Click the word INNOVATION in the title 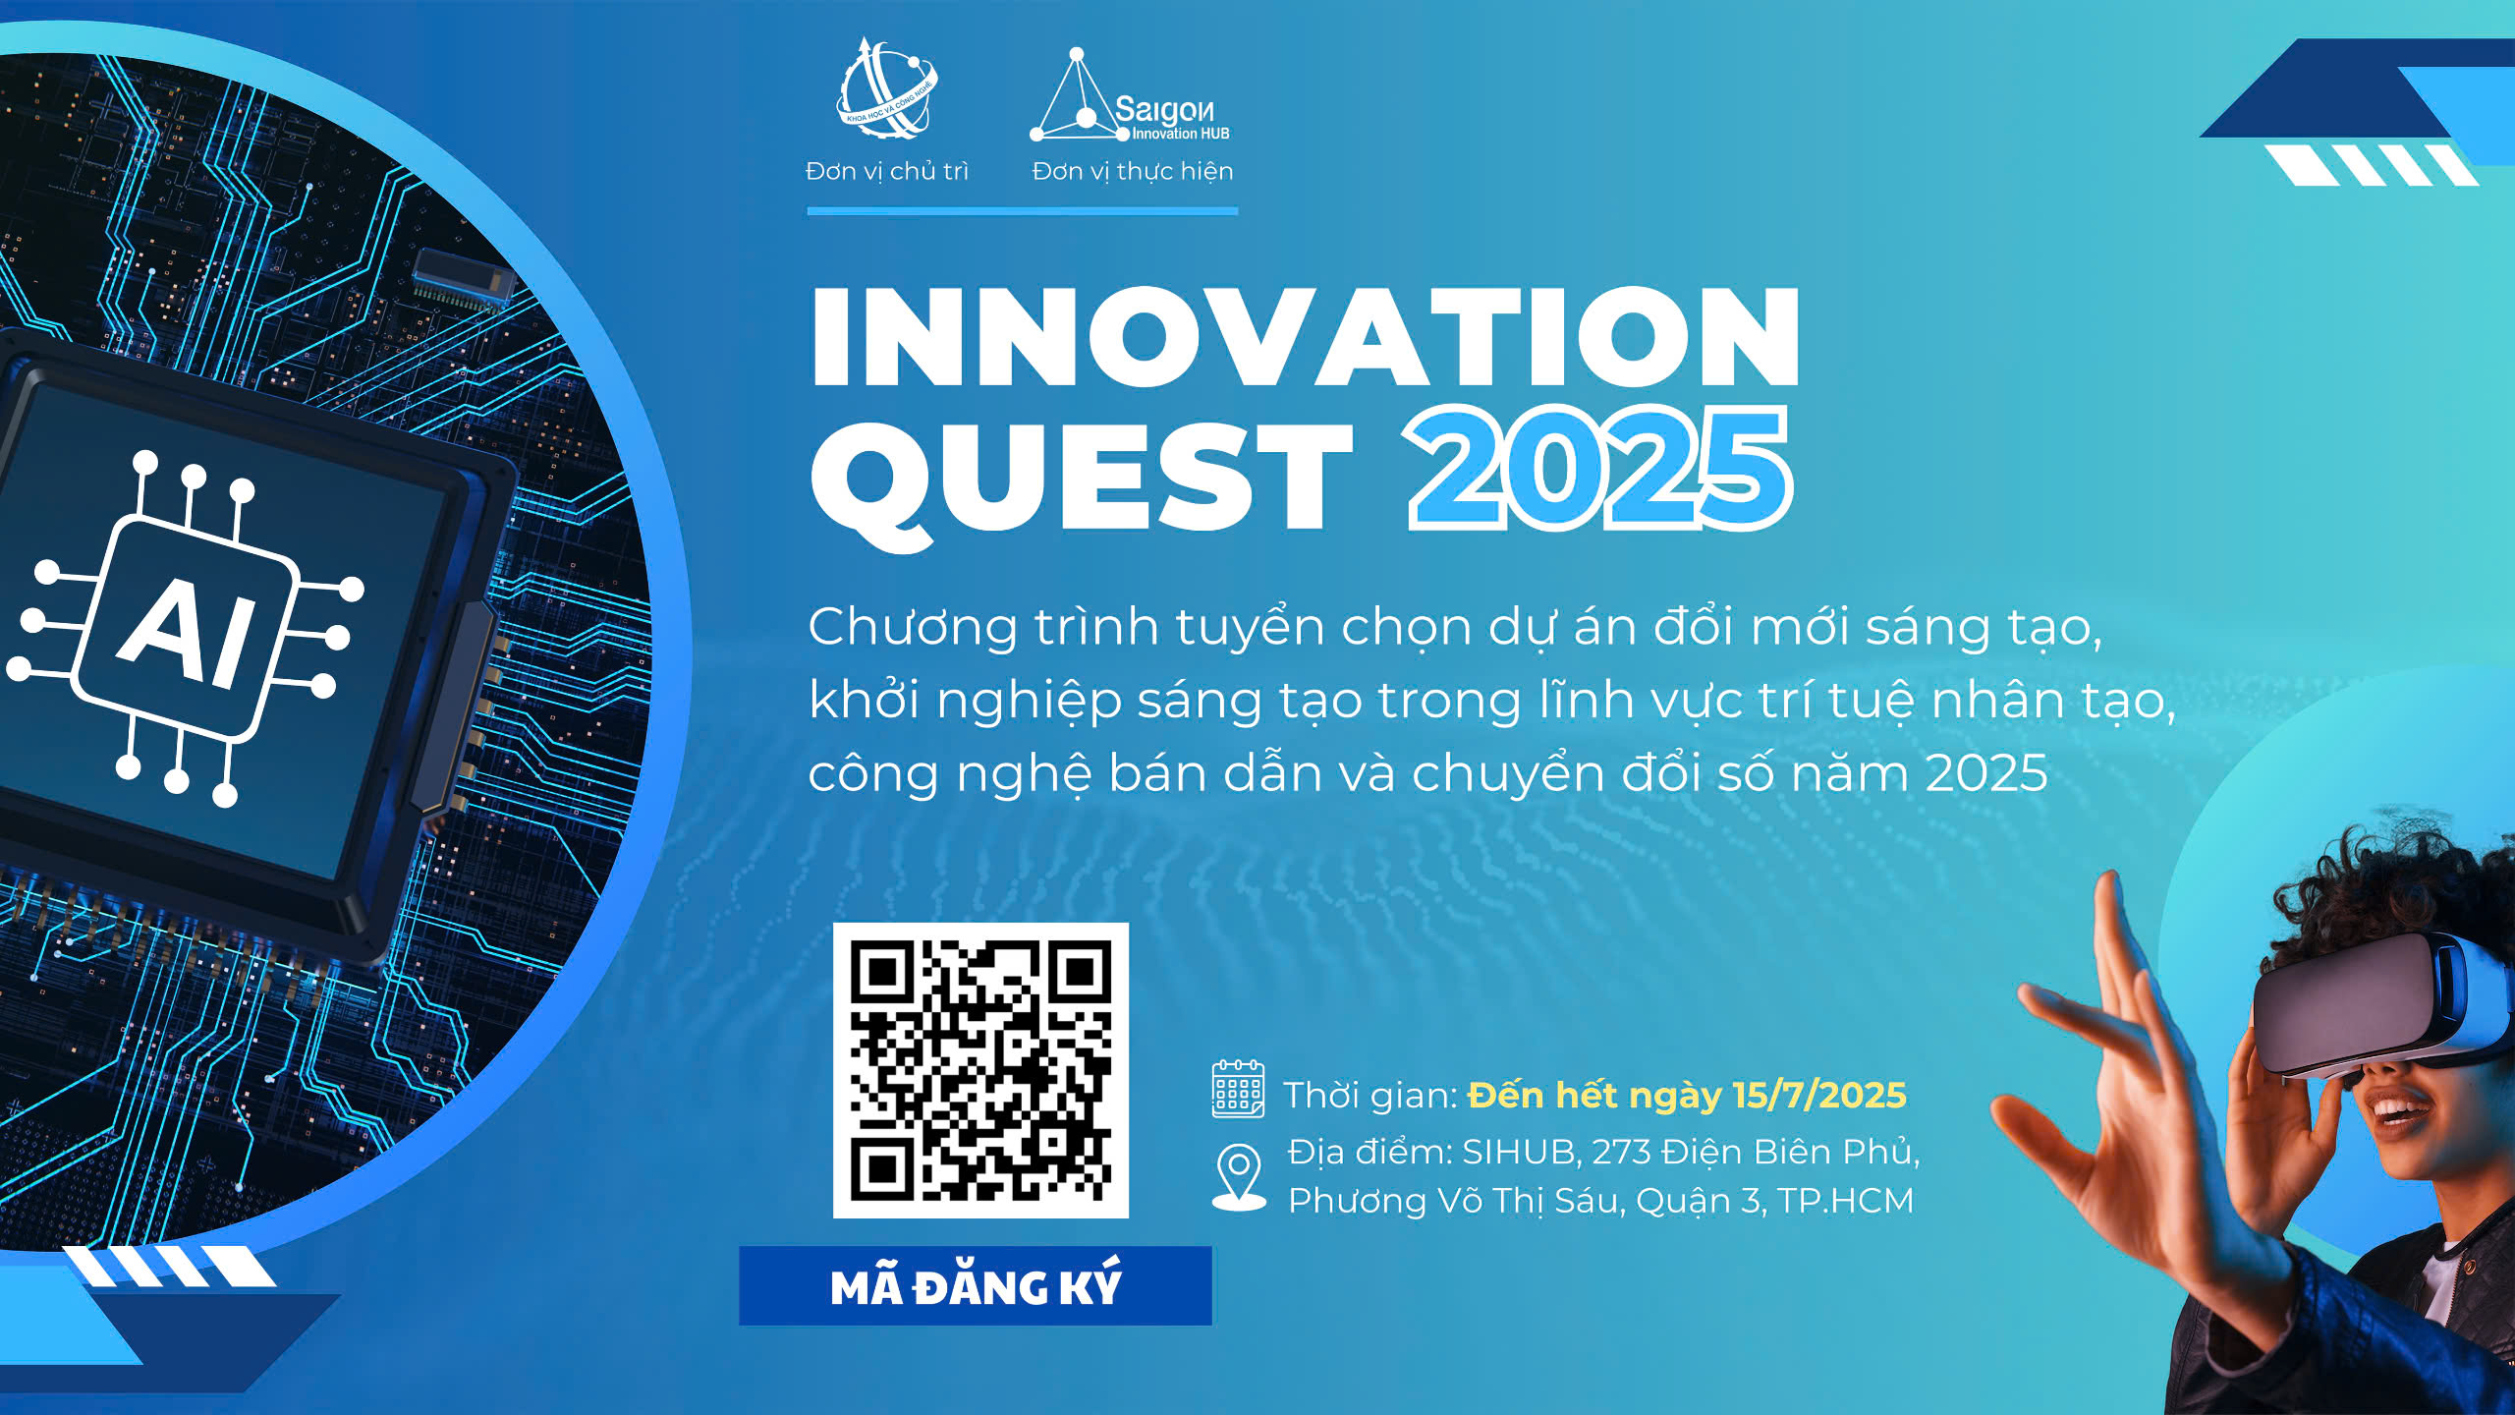(x=1305, y=337)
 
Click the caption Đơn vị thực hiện (x=1132, y=171)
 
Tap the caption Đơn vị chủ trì (x=886, y=171)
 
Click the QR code (x=980, y=1070)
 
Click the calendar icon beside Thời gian (x=1238, y=1089)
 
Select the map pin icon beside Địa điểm (x=1239, y=1176)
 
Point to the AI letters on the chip (x=188, y=630)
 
